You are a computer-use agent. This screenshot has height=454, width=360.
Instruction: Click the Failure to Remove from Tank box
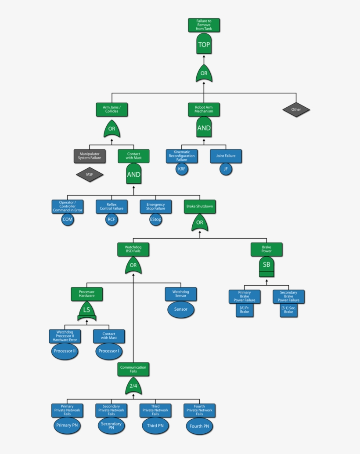tap(204, 25)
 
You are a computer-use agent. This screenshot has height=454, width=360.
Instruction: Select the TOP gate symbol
tap(204, 44)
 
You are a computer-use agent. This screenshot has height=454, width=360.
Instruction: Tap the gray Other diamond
tap(296, 109)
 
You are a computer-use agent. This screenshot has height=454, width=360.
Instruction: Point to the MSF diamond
tap(90, 175)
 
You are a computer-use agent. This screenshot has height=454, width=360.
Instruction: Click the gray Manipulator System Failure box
tap(90, 156)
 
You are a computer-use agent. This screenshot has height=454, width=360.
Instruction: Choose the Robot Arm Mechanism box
tap(204, 109)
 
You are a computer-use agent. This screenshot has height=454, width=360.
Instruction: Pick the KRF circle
tap(182, 169)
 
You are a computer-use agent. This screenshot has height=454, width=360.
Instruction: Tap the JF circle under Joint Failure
tap(226, 169)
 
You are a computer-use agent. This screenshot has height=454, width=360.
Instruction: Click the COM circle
tap(67, 219)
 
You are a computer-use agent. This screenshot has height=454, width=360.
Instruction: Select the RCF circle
tap(112, 219)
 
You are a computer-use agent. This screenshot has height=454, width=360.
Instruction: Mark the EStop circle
tap(155, 219)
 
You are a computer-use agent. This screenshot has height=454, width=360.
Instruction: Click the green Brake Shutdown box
tap(200, 206)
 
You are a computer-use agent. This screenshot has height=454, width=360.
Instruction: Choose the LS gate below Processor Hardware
tap(87, 310)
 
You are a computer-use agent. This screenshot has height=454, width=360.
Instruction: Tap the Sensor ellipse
tap(181, 309)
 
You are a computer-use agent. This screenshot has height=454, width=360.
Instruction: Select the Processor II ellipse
tap(65, 351)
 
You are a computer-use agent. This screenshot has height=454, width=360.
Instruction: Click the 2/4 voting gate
tap(133, 386)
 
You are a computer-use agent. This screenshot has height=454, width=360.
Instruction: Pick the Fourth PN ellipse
tap(199, 426)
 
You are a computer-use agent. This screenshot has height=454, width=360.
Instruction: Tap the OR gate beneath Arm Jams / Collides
tap(112, 129)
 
